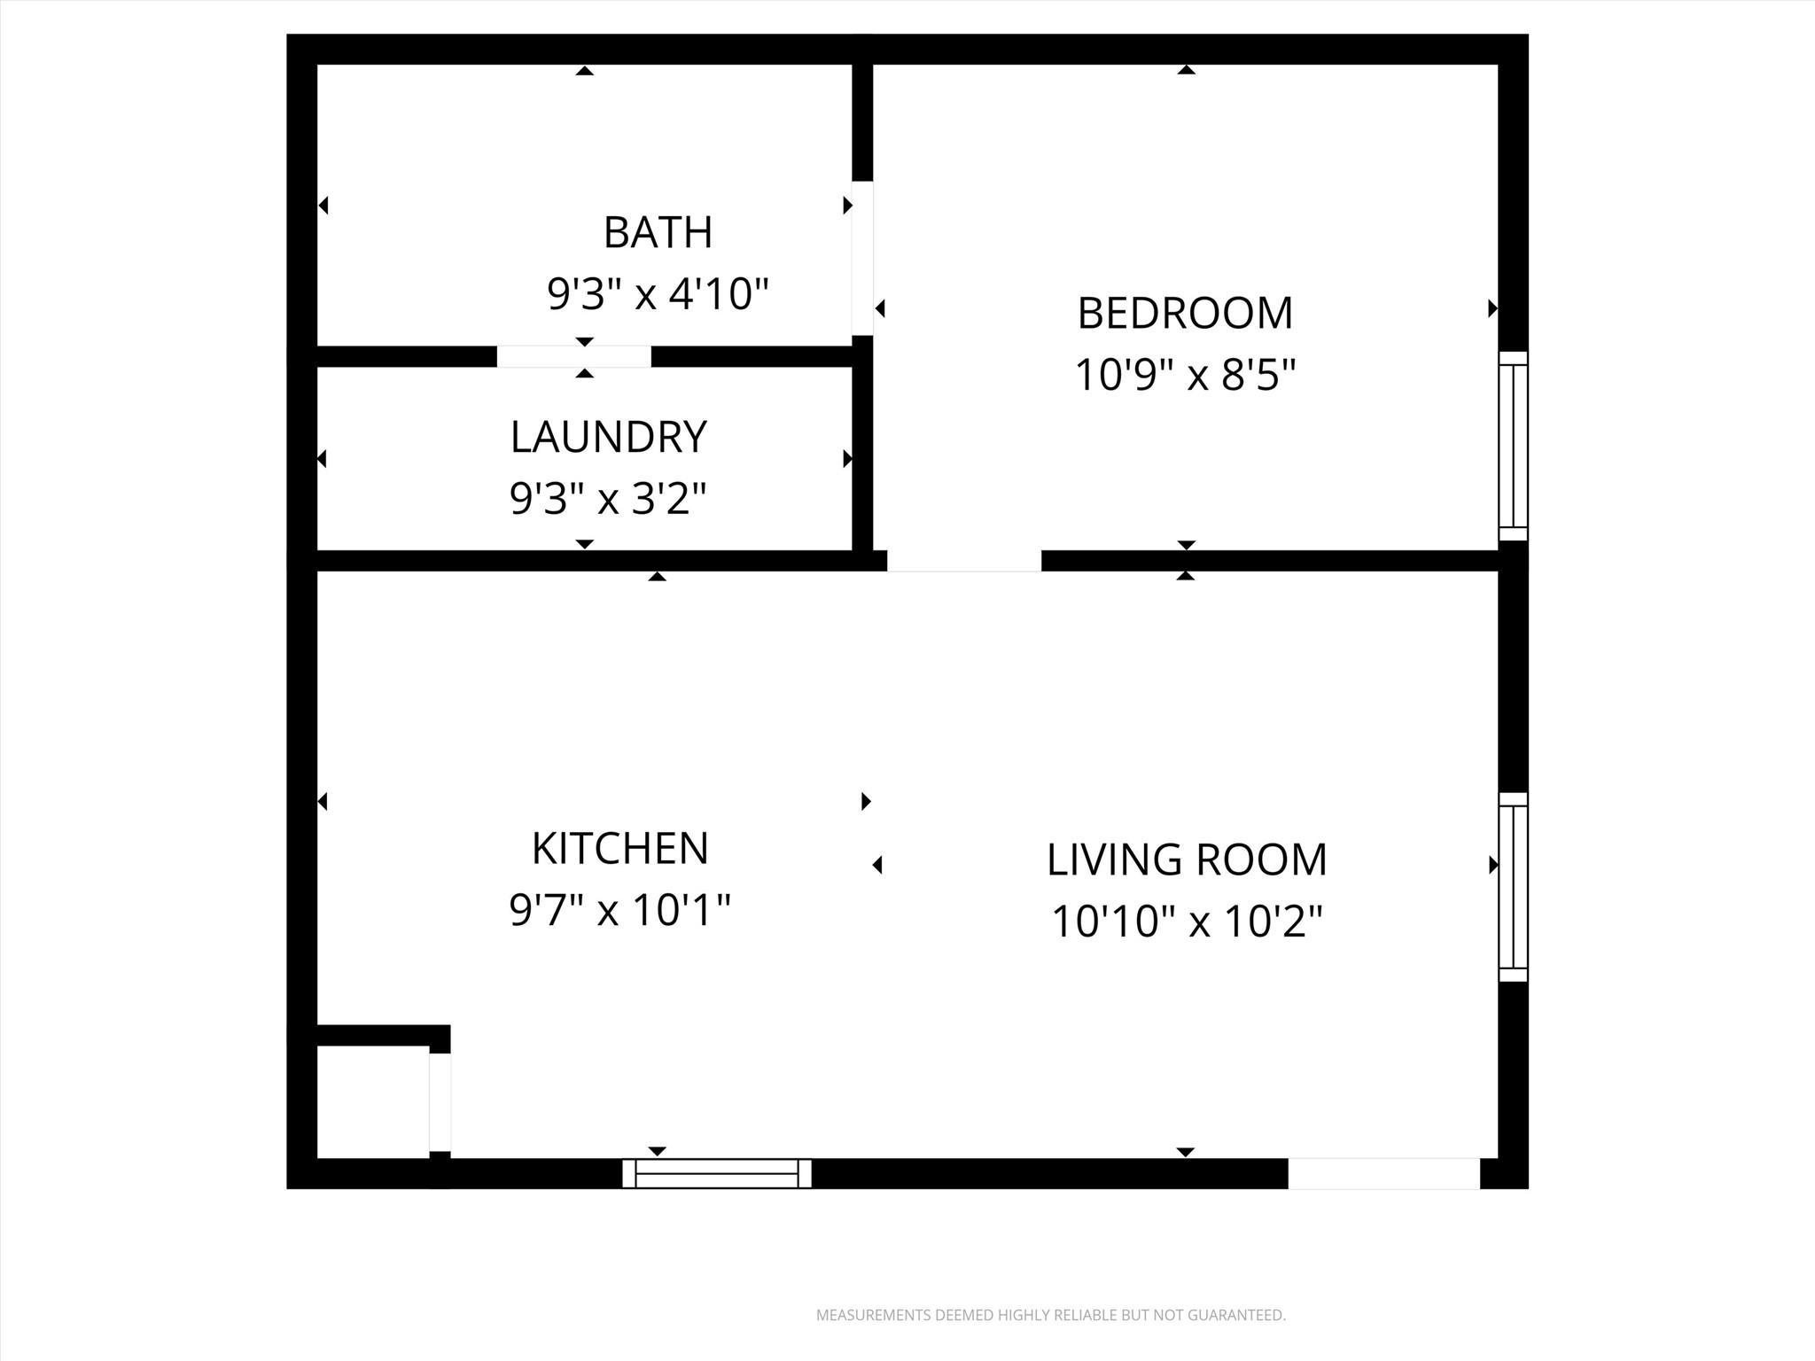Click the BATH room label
(x=658, y=232)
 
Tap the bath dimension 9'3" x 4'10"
(x=658, y=293)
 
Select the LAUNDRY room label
(x=609, y=437)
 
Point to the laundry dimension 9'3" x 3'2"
(x=609, y=498)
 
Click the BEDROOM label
(x=1185, y=313)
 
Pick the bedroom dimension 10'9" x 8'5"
(x=1185, y=375)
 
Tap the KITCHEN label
(x=620, y=849)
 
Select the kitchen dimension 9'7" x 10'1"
(x=620, y=910)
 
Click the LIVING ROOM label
(x=1187, y=859)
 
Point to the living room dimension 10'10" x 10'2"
(x=1187, y=922)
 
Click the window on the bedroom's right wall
(x=1513, y=446)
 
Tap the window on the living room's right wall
(x=1513, y=887)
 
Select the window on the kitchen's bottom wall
(x=717, y=1173)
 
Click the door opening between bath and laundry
(x=573, y=356)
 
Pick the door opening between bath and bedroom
(x=862, y=258)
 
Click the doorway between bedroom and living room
(x=964, y=560)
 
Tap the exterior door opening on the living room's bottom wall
(x=1383, y=1173)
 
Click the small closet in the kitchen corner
(x=373, y=1101)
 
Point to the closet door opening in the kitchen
(x=440, y=1101)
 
